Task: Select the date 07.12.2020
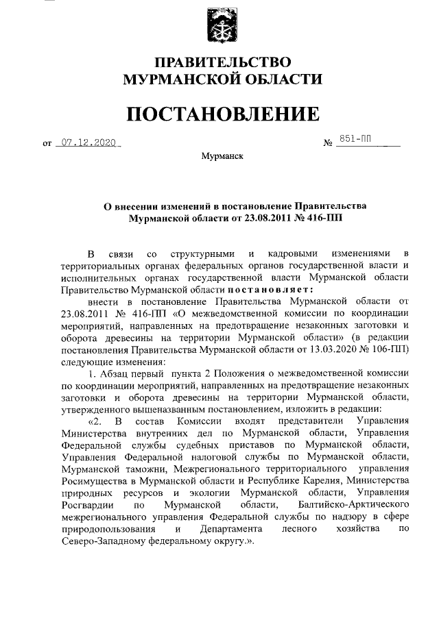click(x=87, y=144)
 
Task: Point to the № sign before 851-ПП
click(x=328, y=145)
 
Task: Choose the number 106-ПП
click(x=396, y=349)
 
